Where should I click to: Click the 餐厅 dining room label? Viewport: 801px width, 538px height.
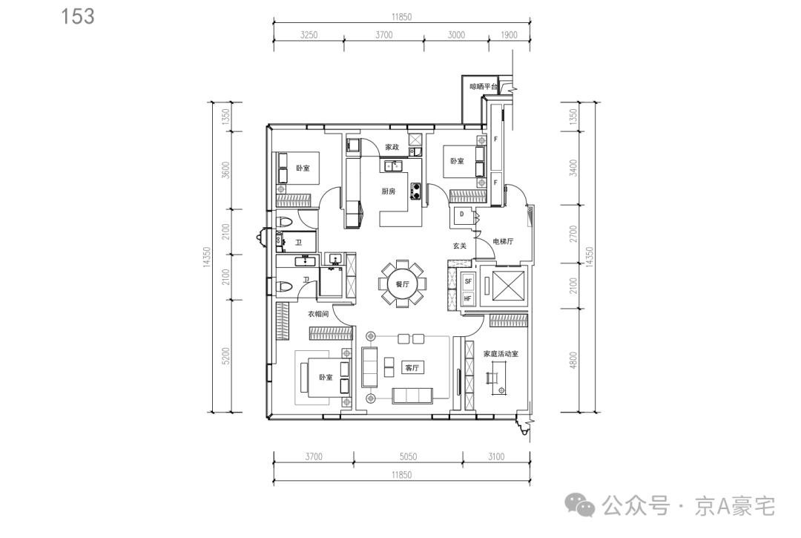[403, 284]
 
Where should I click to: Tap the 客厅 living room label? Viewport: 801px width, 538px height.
[412, 368]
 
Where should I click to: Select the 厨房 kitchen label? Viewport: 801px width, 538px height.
[388, 191]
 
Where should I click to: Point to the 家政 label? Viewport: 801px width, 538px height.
[392, 147]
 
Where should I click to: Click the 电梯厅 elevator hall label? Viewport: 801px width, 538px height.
[503, 241]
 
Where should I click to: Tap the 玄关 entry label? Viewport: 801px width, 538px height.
[460, 246]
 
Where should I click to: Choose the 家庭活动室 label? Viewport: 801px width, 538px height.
[501, 353]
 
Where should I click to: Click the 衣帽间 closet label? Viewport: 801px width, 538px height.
[318, 314]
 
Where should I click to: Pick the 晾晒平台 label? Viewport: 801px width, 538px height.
[484, 87]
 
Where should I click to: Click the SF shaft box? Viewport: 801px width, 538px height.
[468, 281]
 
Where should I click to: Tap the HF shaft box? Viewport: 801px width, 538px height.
[468, 298]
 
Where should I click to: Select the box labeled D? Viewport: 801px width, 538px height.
[462, 215]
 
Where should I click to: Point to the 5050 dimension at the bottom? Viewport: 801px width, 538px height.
[408, 457]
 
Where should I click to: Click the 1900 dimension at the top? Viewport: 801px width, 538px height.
[509, 35]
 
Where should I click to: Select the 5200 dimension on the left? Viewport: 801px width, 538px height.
[225, 356]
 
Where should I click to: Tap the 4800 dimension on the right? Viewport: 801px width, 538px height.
[573, 360]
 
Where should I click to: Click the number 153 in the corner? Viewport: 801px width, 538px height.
[78, 16]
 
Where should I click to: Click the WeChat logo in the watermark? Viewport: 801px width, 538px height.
[580, 505]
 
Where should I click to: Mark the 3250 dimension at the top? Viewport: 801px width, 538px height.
[309, 35]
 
